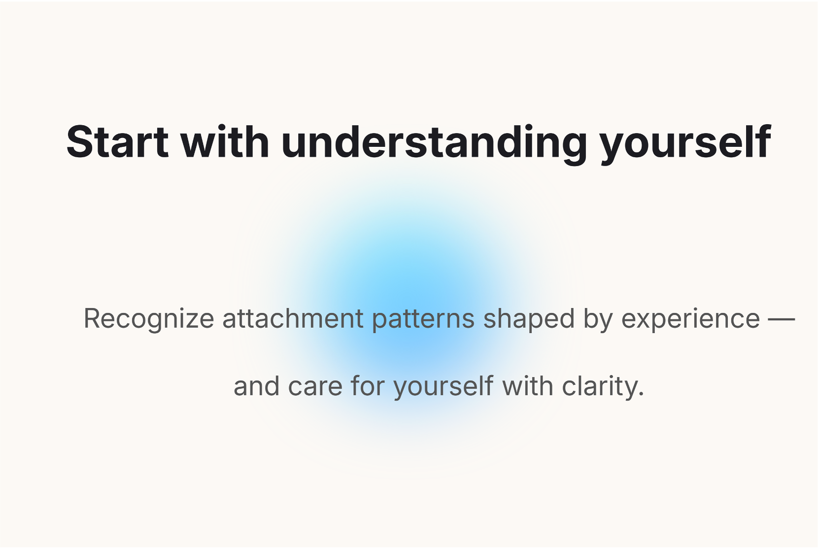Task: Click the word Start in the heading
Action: point(117,142)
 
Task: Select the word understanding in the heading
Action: point(434,145)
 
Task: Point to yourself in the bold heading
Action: point(685,145)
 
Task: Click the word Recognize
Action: point(149,319)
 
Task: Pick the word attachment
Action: point(293,318)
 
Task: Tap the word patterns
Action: point(423,319)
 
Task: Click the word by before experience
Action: point(598,319)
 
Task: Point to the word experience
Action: point(691,319)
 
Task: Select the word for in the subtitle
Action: point(368,386)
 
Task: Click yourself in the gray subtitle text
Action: point(444,387)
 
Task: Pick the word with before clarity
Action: point(528,386)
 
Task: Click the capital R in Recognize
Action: point(94,318)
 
